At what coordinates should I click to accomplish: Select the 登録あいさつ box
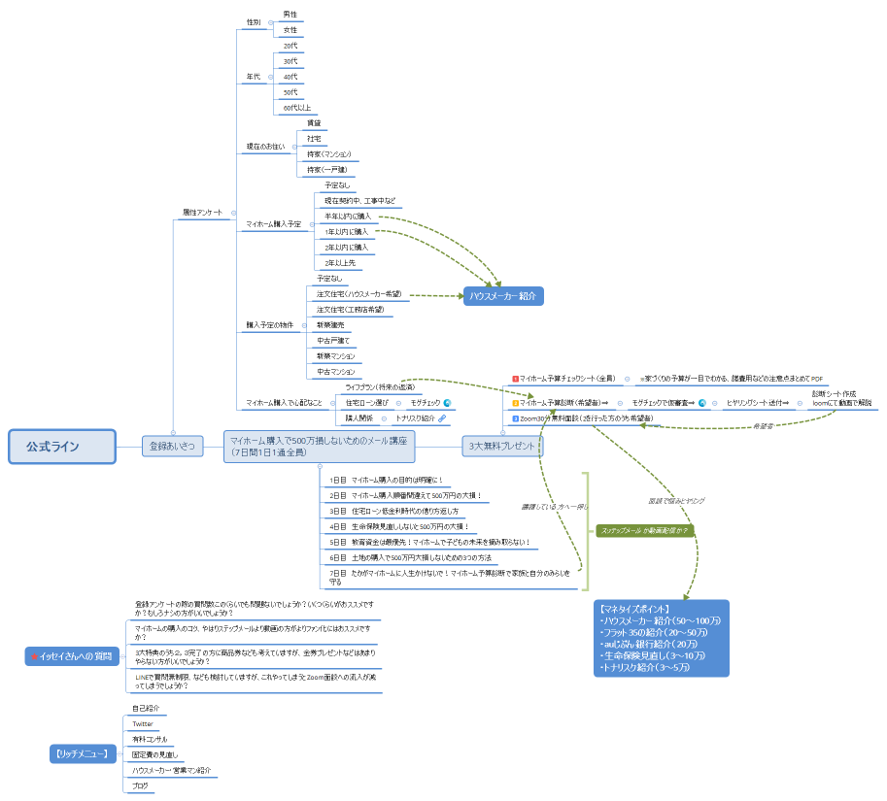tap(172, 447)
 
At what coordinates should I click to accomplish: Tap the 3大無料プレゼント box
tap(501, 447)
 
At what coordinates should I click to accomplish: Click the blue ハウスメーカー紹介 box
tap(501, 296)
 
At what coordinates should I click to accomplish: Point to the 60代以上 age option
tap(296, 108)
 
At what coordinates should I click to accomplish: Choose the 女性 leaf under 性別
tap(290, 30)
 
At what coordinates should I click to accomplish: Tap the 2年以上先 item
tap(340, 263)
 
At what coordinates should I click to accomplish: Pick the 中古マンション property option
tap(335, 372)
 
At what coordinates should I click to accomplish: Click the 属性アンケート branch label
tap(202, 213)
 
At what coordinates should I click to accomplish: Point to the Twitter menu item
tap(143, 724)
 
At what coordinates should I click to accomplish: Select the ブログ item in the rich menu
tap(140, 784)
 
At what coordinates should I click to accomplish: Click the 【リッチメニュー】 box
tap(85, 753)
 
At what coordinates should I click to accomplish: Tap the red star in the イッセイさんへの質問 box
tap(35, 657)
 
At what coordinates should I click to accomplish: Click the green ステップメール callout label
tap(644, 531)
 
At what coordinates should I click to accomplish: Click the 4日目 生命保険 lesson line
tap(398, 526)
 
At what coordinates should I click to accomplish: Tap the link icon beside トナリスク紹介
tap(442, 418)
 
